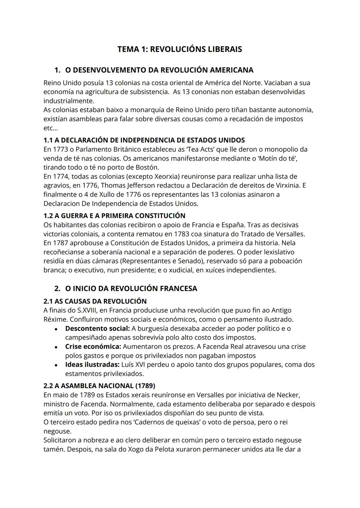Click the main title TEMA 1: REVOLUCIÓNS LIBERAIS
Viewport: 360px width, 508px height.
(179, 49)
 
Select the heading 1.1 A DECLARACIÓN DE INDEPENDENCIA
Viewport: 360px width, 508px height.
(144, 140)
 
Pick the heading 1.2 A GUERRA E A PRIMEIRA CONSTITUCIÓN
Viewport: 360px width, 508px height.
(114, 216)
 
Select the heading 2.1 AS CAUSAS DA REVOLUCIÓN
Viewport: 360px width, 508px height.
(95, 301)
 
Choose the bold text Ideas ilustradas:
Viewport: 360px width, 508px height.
(92, 364)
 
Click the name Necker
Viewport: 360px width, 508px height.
(288, 395)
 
